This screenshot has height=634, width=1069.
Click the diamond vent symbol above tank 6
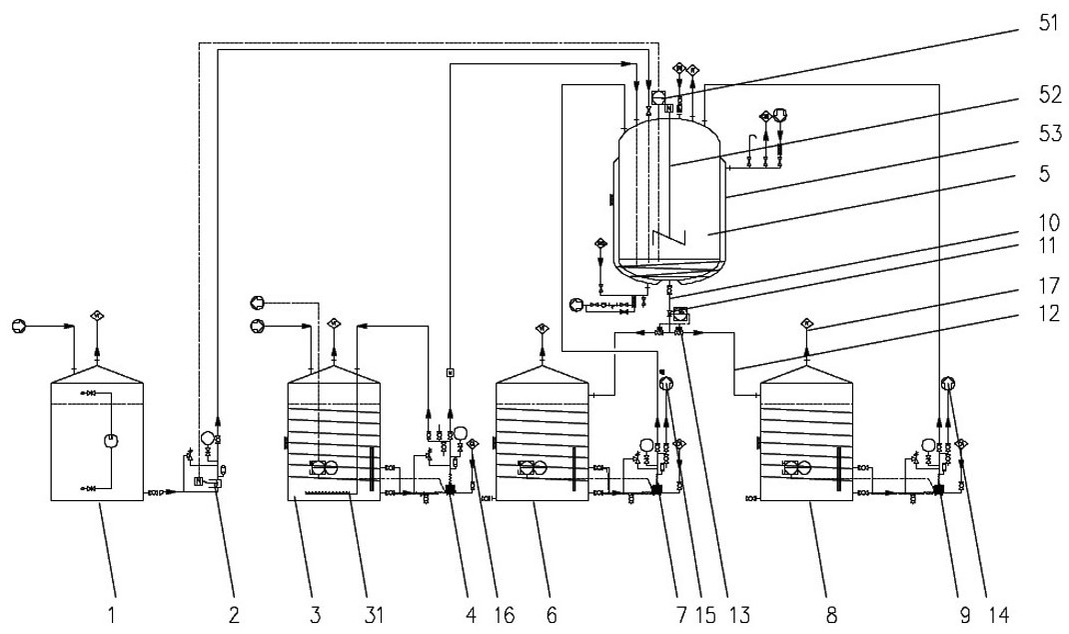(x=540, y=328)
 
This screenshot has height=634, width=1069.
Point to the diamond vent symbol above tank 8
(x=806, y=323)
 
